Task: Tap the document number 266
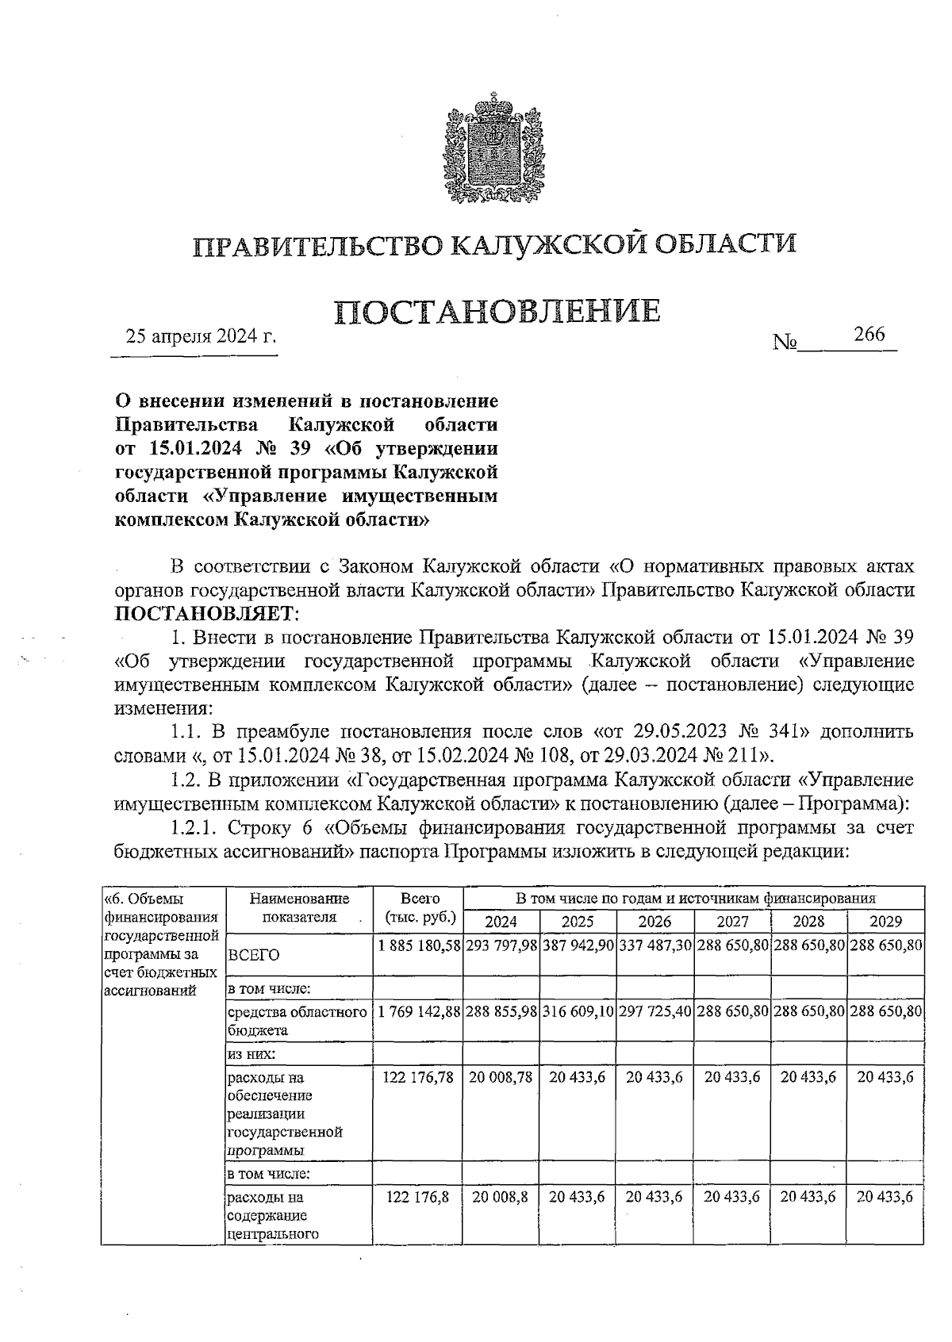pyautogui.click(x=869, y=335)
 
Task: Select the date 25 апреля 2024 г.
pyautogui.click(x=202, y=336)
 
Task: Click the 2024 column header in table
pyautogui.click(x=501, y=922)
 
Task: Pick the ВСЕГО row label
pyautogui.click(x=254, y=956)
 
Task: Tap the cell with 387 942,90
pyautogui.click(x=578, y=945)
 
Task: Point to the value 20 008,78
pyautogui.click(x=501, y=1077)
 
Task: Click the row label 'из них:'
pyautogui.click(x=251, y=1055)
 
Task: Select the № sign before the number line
pyautogui.click(x=785, y=343)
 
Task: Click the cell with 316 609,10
pyautogui.click(x=578, y=1012)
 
